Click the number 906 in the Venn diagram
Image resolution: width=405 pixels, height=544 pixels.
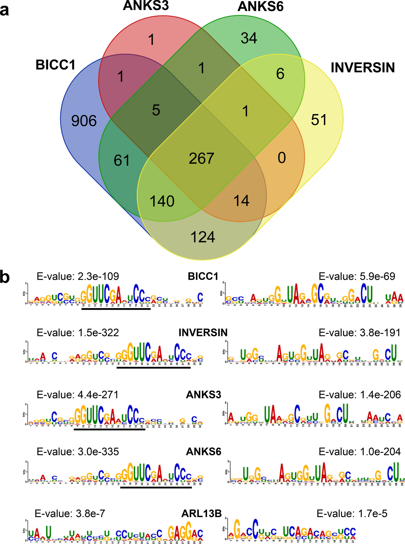(84, 121)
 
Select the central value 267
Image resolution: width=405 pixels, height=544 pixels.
(202, 158)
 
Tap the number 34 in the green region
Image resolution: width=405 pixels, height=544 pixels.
(249, 38)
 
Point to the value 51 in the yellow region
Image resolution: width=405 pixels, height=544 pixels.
(319, 120)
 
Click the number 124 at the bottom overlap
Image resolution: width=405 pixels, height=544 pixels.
(203, 237)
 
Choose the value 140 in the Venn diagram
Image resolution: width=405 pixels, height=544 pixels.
(162, 201)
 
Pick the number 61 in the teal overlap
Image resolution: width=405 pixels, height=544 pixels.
(122, 160)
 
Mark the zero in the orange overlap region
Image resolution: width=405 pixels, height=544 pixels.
(282, 158)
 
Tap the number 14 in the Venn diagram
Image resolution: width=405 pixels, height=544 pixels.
(241, 201)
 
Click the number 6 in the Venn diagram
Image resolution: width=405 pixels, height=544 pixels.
(280, 74)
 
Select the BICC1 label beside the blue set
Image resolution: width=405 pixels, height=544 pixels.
(55, 65)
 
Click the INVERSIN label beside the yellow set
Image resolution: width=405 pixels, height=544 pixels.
(363, 68)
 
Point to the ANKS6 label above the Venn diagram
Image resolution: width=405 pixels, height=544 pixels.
(260, 6)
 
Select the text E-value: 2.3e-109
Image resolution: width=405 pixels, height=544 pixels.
(78, 276)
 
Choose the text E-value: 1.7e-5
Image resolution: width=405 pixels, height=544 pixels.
(352, 513)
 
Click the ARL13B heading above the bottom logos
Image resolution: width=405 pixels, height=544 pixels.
(202, 513)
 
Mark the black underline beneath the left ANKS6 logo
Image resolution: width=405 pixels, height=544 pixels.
(156, 487)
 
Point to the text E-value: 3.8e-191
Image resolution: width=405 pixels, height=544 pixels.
(359, 333)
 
